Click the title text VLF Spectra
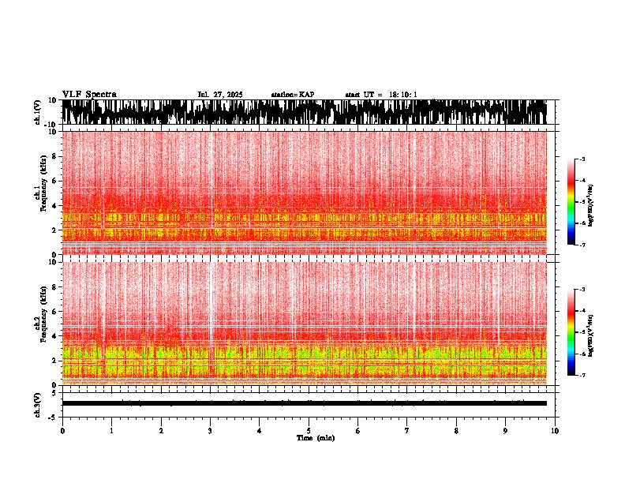click(89, 94)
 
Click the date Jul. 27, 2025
click(220, 95)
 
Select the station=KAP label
click(293, 95)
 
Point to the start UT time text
click(381, 95)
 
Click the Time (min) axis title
click(315, 437)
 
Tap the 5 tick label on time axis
click(309, 431)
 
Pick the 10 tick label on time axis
click(555, 431)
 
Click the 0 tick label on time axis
click(62, 431)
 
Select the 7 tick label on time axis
click(407, 431)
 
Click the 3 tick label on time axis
click(210, 431)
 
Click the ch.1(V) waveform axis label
click(37, 113)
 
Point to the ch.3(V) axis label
click(37, 403)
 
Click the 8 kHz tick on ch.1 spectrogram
click(54, 156)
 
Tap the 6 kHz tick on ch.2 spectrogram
click(54, 311)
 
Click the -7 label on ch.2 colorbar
click(582, 376)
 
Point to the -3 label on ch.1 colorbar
click(582, 159)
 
